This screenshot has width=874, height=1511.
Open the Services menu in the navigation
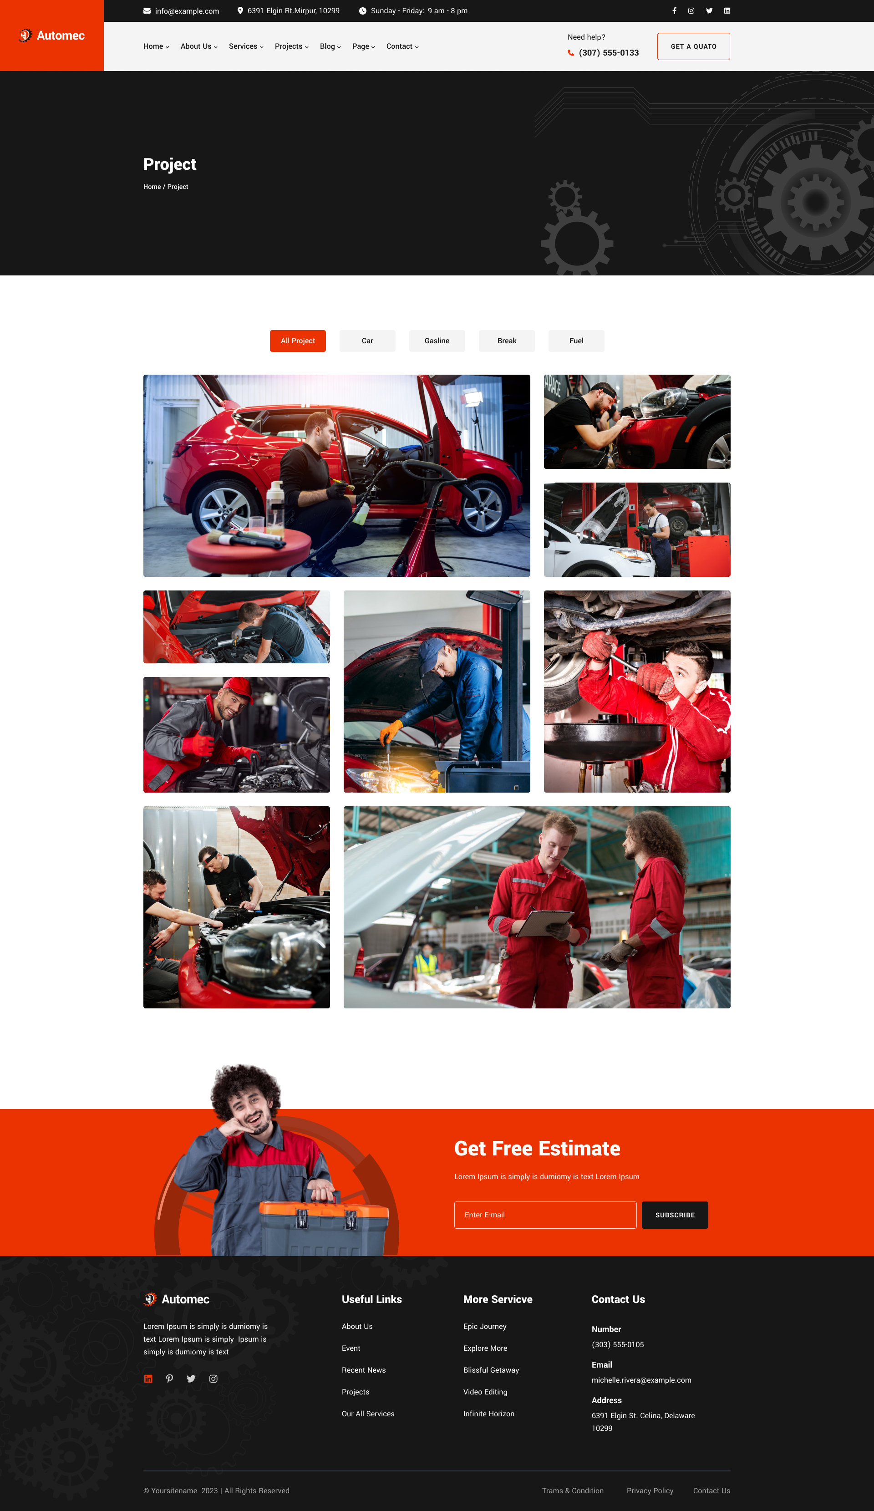[246, 46]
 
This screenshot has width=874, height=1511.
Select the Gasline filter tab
[437, 341]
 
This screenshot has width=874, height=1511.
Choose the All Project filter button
[298, 341]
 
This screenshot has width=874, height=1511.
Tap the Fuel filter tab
[576, 341]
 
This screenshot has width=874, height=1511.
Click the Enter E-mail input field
[545, 1215]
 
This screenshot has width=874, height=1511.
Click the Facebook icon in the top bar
[674, 11]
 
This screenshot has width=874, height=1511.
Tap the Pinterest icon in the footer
[170, 1379]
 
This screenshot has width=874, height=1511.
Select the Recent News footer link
[364, 1370]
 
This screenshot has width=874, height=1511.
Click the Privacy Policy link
[650, 1491]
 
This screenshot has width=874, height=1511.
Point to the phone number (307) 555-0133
[609, 53]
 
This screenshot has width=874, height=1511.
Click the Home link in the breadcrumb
[152, 187]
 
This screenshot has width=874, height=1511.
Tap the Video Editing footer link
[485, 1392]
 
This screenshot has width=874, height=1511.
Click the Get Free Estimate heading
[537, 1148]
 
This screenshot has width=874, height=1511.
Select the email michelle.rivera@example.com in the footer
[641, 1380]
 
